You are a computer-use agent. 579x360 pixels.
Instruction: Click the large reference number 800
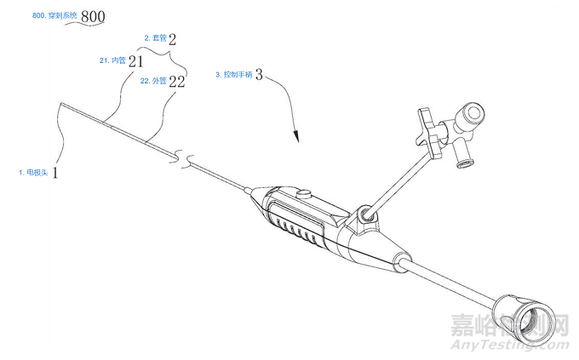click(x=93, y=17)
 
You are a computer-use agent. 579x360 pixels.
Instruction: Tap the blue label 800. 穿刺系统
click(x=54, y=15)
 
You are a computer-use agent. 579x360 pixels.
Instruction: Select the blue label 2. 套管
click(x=156, y=38)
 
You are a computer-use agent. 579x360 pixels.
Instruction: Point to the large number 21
click(x=135, y=61)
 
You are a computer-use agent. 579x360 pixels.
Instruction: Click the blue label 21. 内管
click(x=112, y=60)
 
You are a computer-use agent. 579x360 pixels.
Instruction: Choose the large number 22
click(x=176, y=82)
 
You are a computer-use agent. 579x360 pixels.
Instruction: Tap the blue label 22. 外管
click(x=153, y=81)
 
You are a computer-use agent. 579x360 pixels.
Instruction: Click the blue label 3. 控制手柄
click(x=234, y=75)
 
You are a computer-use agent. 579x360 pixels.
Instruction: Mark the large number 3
click(x=259, y=75)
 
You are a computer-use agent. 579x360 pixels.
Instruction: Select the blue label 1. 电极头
click(x=33, y=173)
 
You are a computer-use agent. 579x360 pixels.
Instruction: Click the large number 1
click(x=55, y=173)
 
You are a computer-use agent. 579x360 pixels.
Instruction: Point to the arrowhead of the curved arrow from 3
click(x=296, y=136)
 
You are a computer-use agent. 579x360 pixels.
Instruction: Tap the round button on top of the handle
click(x=303, y=194)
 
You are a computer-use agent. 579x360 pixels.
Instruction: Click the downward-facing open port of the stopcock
click(x=463, y=162)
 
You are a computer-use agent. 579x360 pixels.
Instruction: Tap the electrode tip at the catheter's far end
click(x=61, y=105)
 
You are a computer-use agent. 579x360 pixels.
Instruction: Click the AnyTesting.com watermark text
click(x=509, y=345)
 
